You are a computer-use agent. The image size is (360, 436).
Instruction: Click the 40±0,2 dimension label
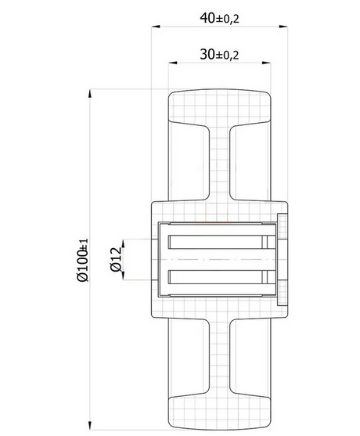(219, 18)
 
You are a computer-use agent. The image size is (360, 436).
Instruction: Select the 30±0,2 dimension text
(219, 54)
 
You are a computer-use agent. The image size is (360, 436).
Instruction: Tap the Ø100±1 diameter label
(82, 260)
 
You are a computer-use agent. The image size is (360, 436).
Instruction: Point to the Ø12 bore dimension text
(116, 259)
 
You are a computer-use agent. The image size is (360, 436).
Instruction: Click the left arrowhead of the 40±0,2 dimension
(156, 27)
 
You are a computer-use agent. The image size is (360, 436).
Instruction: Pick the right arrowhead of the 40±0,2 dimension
(283, 27)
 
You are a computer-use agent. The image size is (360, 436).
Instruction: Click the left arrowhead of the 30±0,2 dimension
(173, 63)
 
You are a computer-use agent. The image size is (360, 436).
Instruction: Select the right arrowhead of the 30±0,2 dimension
(266, 63)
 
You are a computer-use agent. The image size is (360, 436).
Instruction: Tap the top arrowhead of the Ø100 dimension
(90, 93)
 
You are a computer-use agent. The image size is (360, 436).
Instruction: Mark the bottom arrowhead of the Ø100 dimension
(90, 426)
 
